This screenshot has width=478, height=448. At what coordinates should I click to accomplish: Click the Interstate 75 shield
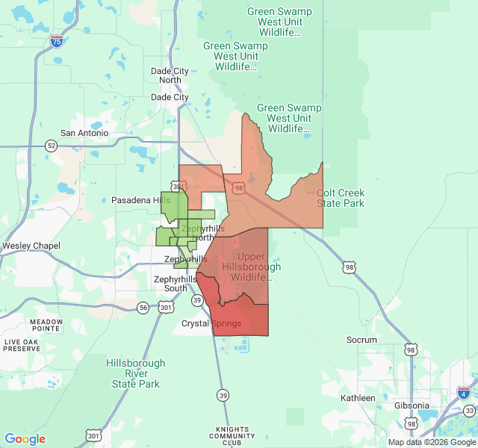click(x=57, y=42)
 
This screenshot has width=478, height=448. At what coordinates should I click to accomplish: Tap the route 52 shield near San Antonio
click(x=51, y=145)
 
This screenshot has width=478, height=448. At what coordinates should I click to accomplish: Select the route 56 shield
click(x=143, y=307)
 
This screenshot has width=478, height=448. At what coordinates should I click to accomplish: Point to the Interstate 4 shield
click(x=464, y=393)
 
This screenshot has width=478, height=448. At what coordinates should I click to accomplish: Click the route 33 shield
click(x=469, y=411)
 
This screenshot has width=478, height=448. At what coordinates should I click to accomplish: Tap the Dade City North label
click(x=170, y=75)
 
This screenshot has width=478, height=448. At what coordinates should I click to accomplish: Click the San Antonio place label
click(x=84, y=134)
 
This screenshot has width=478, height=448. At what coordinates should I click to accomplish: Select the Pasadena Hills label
click(x=140, y=200)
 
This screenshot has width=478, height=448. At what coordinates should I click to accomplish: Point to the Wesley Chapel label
click(x=31, y=246)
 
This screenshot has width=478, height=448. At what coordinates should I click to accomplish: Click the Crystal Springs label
click(x=211, y=323)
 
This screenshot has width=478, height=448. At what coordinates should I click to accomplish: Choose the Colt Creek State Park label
click(x=341, y=198)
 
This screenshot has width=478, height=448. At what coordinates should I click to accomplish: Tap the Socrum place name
click(x=362, y=340)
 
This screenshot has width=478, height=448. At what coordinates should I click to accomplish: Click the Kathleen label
click(x=358, y=398)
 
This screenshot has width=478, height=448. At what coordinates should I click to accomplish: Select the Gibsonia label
click(x=413, y=406)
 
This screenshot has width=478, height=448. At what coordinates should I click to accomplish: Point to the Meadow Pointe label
click(x=46, y=326)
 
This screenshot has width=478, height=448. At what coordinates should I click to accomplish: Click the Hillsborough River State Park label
click(x=136, y=373)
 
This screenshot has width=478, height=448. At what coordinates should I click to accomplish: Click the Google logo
click(x=25, y=439)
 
